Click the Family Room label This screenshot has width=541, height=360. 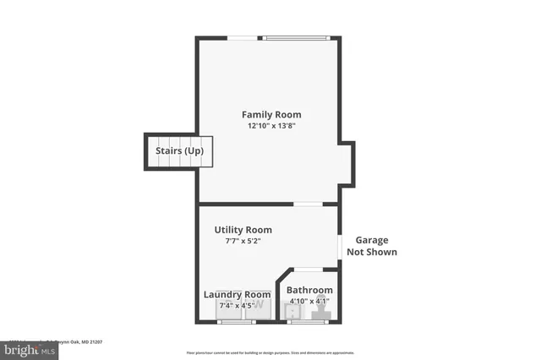270,114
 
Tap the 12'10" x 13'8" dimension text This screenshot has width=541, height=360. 270,126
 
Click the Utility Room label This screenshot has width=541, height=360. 243,229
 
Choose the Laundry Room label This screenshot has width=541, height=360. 237,294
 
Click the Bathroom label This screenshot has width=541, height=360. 309,290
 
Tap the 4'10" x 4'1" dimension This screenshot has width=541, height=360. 309,301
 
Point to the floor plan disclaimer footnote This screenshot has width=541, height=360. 270,352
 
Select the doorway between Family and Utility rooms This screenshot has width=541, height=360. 307,204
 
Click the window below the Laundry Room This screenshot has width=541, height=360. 237,321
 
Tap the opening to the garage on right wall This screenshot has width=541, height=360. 340,247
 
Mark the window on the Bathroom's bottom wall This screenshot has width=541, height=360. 308,321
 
